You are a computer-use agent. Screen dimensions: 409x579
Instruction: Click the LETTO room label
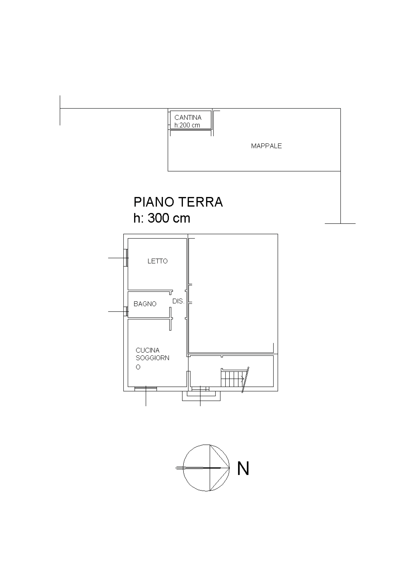click(x=157, y=261)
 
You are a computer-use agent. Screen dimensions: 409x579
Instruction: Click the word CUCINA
click(x=147, y=350)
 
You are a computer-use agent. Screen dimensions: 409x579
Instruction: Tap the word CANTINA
click(x=188, y=118)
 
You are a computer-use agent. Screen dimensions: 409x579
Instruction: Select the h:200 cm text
click(x=187, y=125)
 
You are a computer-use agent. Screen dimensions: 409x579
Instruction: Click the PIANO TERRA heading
click(x=178, y=202)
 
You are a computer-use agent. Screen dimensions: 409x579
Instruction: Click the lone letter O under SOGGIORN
click(x=138, y=367)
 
